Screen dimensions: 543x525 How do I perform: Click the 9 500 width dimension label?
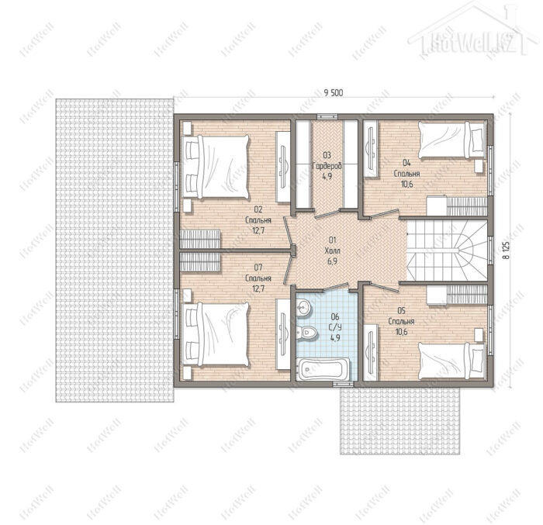[333, 92]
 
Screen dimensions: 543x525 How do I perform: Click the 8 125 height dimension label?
[506, 250]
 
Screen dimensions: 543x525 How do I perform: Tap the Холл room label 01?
[333, 250]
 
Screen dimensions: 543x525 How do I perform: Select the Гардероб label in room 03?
[327, 166]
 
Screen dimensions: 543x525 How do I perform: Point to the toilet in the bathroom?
[306, 333]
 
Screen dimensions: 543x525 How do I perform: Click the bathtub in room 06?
[323, 369]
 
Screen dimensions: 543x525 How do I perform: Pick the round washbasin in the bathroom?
[304, 307]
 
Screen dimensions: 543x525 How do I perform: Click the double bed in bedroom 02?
[215, 167]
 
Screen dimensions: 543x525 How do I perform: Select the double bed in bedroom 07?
[215, 334]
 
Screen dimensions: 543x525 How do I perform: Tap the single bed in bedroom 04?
[452, 140]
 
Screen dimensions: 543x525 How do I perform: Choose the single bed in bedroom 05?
[452, 361]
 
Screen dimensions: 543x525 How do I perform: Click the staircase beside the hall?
[447, 250]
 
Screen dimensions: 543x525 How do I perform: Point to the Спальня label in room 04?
[407, 173]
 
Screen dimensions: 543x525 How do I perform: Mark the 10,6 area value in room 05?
[402, 332]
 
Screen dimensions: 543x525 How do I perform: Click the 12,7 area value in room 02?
[258, 230]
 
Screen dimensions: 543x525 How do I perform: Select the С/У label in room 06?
[335, 327]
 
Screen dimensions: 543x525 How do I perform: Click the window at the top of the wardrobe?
[327, 116]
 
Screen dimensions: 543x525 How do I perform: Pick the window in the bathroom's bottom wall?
[343, 384]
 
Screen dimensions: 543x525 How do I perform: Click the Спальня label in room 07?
[258, 278]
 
